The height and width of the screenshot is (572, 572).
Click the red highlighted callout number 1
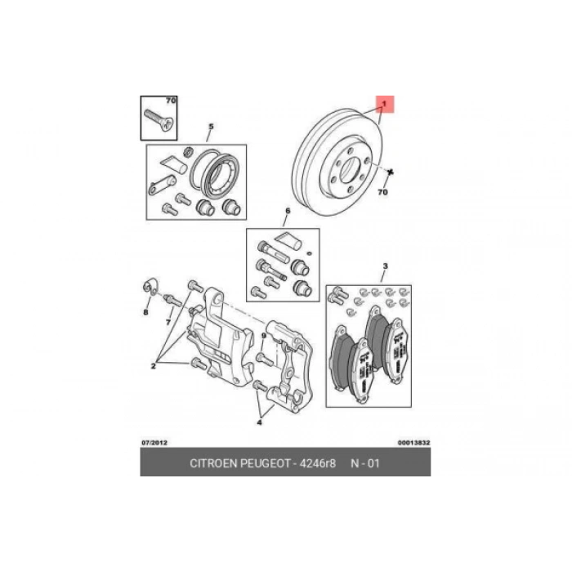click(384, 104)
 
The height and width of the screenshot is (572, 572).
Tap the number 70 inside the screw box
click(171, 101)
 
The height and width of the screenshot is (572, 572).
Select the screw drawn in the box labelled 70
click(159, 119)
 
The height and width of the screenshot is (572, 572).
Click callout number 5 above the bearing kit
click(211, 127)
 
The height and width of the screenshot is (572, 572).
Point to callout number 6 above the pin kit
click(288, 211)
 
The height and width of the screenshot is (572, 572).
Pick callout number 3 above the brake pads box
click(385, 266)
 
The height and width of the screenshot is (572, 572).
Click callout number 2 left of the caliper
click(154, 365)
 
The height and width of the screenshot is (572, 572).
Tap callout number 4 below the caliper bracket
click(259, 422)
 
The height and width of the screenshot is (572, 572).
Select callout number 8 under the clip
click(146, 312)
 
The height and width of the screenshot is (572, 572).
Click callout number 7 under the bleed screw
click(168, 322)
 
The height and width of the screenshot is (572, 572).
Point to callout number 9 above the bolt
click(264, 336)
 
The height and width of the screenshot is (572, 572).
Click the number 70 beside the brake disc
click(382, 191)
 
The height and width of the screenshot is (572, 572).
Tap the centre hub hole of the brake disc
click(350, 170)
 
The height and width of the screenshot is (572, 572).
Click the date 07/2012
click(154, 443)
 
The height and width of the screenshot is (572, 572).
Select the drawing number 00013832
click(413, 443)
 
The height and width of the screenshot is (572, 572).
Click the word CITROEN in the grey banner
click(213, 463)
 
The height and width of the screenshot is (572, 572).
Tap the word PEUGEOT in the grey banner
click(265, 463)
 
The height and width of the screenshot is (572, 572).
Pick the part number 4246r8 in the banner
click(317, 463)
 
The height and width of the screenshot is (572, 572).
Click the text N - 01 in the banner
click(365, 463)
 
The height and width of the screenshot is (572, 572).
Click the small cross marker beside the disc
click(391, 172)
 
